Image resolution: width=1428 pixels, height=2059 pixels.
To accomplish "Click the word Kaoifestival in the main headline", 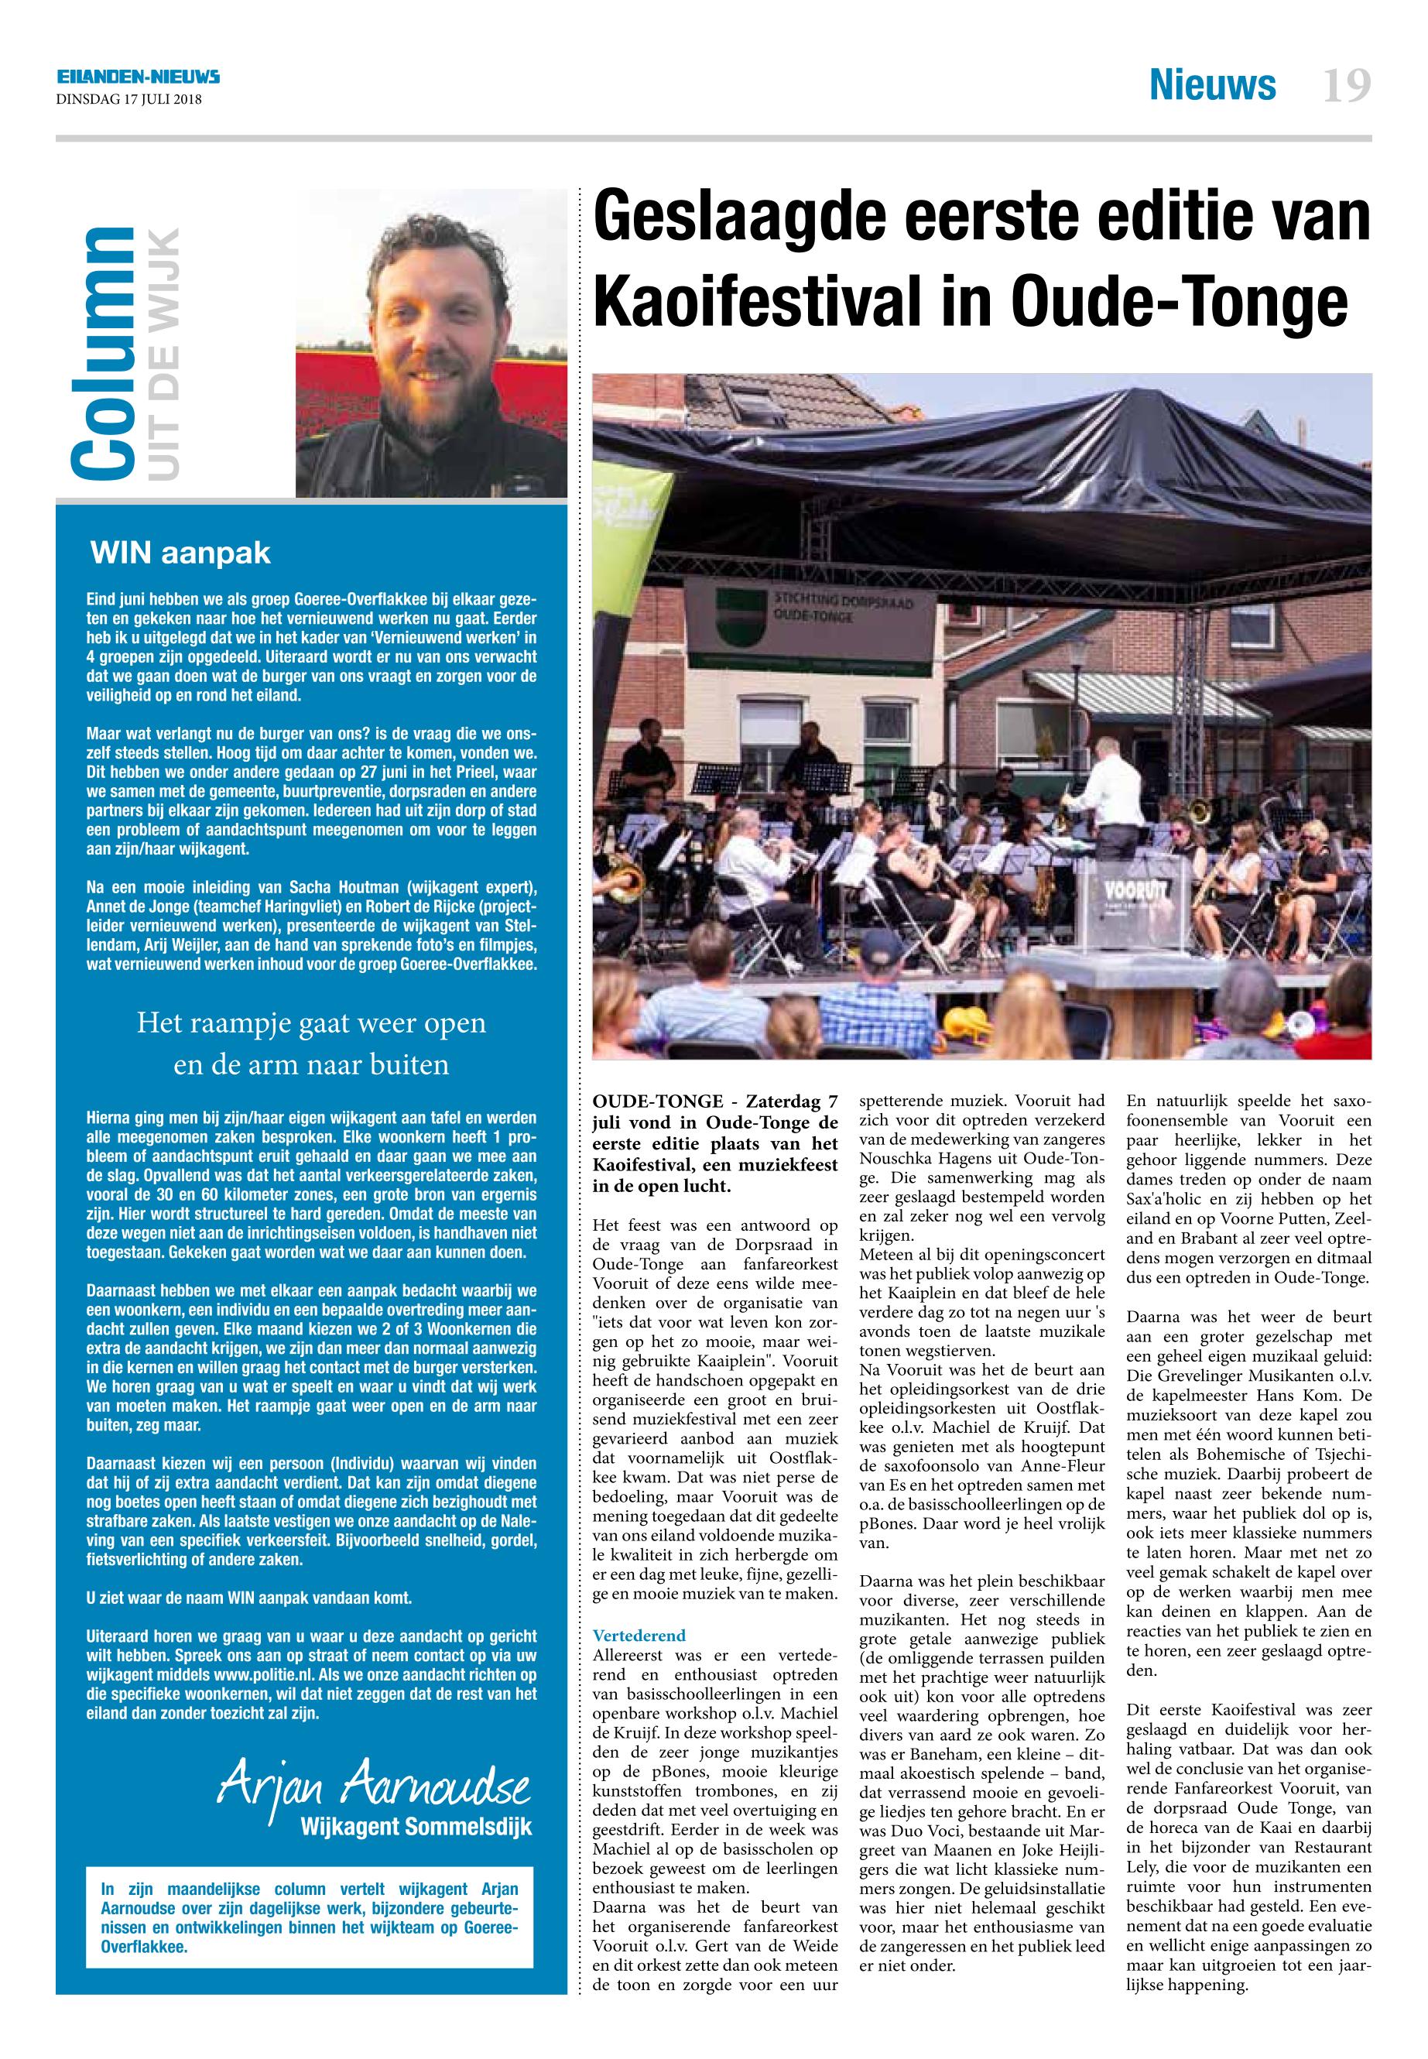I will [769, 303].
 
